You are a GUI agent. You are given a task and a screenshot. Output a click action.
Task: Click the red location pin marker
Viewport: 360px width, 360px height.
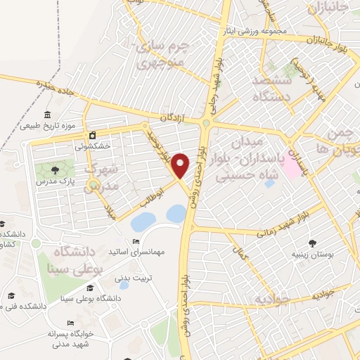[x=181, y=165]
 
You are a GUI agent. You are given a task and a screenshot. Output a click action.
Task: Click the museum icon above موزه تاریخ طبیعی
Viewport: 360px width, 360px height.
[x=47, y=115]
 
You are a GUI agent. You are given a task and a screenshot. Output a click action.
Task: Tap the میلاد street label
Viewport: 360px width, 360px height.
[x=110, y=210]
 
